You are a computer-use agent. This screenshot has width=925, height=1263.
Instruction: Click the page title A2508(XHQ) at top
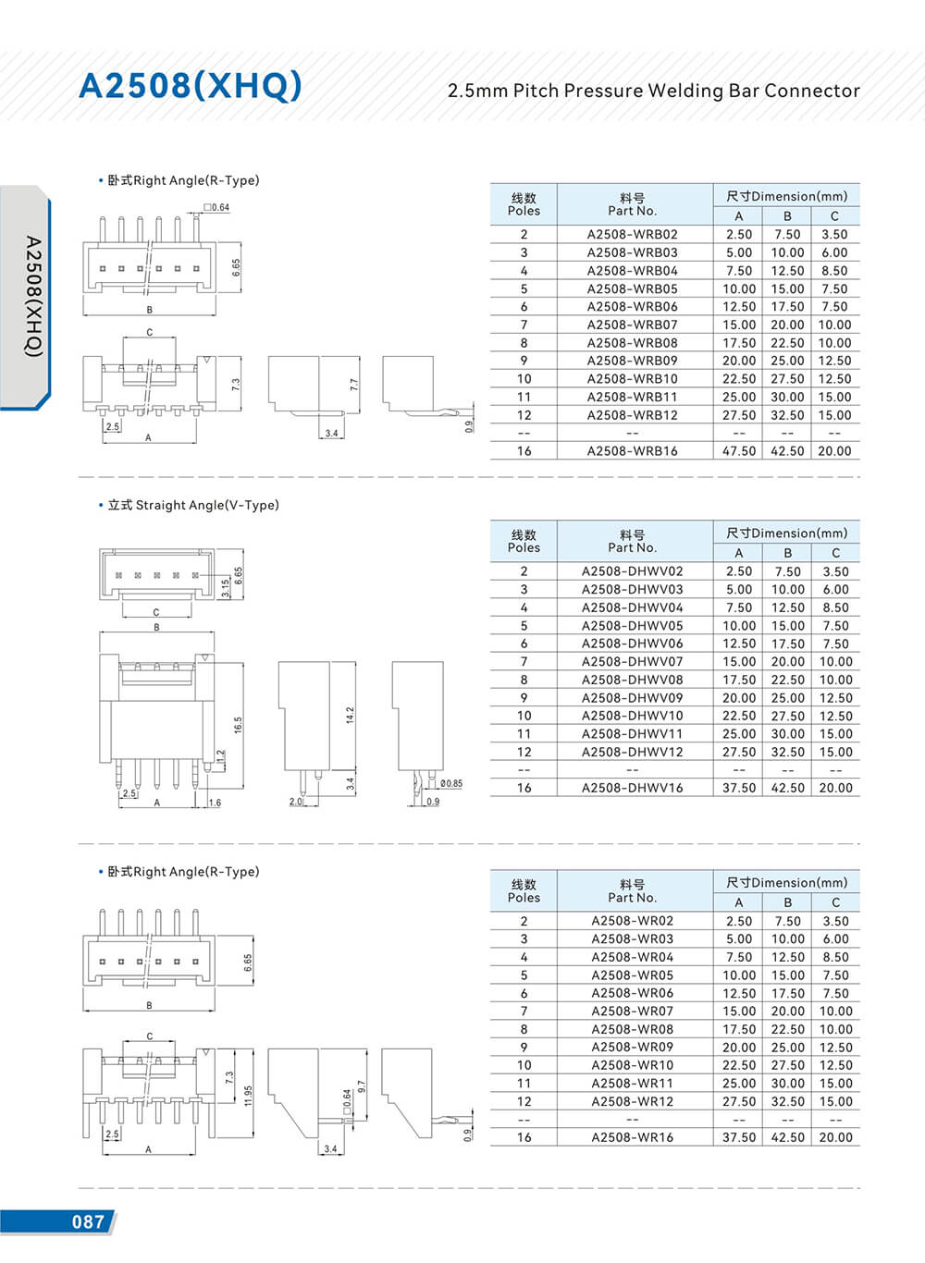pyautogui.click(x=191, y=85)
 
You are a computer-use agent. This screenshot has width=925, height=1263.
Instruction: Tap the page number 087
pyautogui.click(x=88, y=1221)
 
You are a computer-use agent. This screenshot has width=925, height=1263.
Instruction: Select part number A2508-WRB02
pyautogui.click(x=632, y=235)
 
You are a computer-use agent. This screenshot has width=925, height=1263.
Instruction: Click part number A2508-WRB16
pyautogui.click(x=632, y=451)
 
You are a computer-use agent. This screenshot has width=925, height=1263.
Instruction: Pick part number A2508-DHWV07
pyautogui.click(x=632, y=662)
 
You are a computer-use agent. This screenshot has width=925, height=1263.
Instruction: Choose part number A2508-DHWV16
pyautogui.click(x=632, y=788)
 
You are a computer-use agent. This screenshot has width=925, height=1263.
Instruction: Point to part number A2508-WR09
pyautogui.click(x=632, y=1048)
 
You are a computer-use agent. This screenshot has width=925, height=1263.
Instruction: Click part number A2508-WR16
pyautogui.click(x=632, y=1137)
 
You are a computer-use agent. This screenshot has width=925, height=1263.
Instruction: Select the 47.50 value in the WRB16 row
pyautogui.click(x=739, y=451)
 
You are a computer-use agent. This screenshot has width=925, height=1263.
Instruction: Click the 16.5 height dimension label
pyautogui.click(x=238, y=726)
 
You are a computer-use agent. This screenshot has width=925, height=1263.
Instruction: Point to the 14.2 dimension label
pyautogui.click(x=350, y=716)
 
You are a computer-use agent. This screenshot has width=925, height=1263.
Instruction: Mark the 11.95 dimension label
pyautogui.click(x=248, y=1097)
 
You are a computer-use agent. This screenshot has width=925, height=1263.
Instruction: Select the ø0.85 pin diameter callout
pyautogui.click(x=451, y=784)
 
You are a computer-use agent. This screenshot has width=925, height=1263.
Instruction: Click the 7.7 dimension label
pyautogui.click(x=354, y=384)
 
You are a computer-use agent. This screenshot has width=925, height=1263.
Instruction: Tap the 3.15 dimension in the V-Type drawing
pyautogui.click(x=225, y=587)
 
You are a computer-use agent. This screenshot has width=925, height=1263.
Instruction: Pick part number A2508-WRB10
pyautogui.click(x=632, y=379)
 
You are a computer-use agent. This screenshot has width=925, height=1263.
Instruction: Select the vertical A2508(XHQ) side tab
pyautogui.click(x=32, y=296)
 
